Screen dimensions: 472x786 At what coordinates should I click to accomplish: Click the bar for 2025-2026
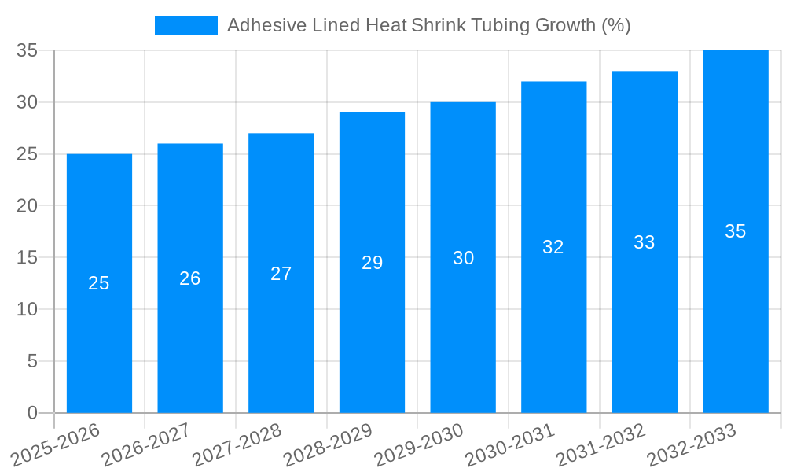99,330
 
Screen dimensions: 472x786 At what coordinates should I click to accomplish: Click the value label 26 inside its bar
190,278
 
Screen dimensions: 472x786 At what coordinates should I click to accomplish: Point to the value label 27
281,274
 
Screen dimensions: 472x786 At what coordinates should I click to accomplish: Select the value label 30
463,258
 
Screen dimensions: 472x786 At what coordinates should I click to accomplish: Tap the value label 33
645,242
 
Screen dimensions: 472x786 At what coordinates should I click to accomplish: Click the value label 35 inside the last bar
736,231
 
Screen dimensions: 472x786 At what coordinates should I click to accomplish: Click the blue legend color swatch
186,25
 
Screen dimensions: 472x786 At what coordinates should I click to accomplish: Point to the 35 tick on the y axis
28,50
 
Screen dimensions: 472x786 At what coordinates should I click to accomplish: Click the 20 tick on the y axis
28,206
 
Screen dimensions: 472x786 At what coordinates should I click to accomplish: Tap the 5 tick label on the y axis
32,361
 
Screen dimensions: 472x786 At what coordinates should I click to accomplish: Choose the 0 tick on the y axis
32,413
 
